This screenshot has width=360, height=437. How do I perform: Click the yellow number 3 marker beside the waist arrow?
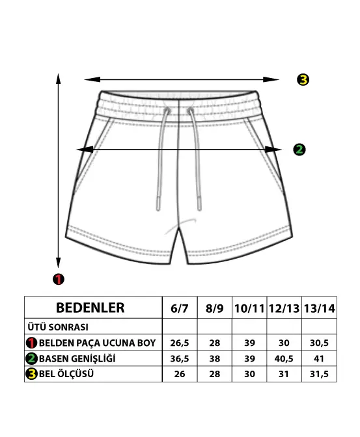[303, 80]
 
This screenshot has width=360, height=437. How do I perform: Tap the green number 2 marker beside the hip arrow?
[299, 150]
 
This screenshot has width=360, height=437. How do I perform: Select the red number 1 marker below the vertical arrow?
[59, 279]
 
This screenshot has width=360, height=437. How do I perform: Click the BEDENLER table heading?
[90, 308]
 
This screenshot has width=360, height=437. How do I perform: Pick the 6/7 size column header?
[180, 308]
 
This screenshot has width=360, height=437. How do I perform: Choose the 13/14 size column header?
[319, 308]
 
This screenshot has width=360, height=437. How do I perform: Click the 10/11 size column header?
[249, 308]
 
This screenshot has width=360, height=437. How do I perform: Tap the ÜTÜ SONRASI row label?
[58, 327]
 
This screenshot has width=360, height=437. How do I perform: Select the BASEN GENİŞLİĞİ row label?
[77, 358]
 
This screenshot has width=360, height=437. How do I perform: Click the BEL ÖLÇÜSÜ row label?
[66, 374]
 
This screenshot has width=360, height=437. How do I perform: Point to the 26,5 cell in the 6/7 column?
[180, 343]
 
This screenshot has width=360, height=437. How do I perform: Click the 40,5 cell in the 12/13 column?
[284, 359]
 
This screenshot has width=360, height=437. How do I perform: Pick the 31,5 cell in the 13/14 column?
[319, 374]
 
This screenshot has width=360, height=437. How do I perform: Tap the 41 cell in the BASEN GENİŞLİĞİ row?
[319, 359]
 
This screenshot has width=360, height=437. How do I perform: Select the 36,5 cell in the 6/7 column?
[180, 359]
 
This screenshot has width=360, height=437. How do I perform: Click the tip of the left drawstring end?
[158, 210]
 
